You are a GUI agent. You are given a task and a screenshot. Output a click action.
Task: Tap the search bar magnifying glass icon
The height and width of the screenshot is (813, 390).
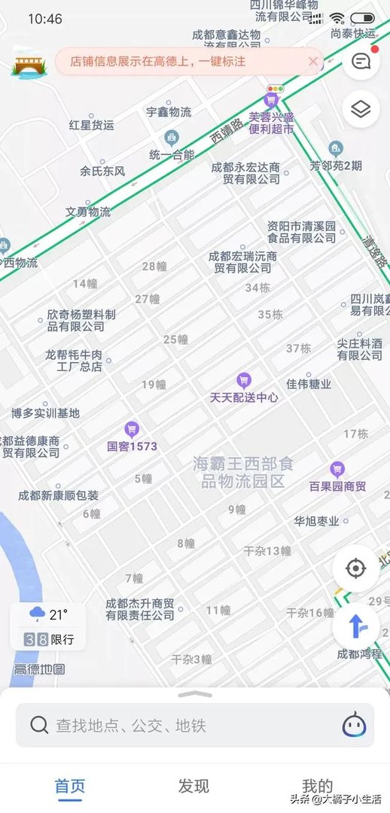click(x=39, y=725)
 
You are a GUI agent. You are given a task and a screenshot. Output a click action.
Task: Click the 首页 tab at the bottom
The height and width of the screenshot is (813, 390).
click(x=70, y=786)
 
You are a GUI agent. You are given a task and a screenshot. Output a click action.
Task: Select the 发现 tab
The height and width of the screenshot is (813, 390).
click(x=193, y=786)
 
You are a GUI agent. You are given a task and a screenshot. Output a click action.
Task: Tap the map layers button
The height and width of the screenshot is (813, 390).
click(x=361, y=110)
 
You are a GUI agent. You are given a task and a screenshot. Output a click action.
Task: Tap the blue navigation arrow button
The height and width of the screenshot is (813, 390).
click(x=355, y=626)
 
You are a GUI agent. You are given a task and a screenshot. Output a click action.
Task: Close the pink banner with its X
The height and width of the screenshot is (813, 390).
click(x=313, y=62)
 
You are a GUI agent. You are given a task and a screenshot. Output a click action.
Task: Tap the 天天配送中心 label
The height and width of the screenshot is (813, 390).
click(x=243, y=397)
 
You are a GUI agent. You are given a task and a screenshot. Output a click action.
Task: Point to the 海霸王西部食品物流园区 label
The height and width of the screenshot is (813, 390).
click(x=239, y=472)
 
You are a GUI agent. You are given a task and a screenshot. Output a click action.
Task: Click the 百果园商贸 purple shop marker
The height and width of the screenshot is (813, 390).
click(x=337, y=470)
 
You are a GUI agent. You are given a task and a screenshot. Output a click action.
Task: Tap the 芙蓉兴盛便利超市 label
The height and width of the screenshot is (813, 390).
click(x=271, y=123)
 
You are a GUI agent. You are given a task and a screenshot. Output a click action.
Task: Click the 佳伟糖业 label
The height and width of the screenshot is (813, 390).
click(x=309, y=384)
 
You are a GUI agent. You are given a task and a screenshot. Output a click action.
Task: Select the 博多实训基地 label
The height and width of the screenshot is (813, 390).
click(x=45, y=413)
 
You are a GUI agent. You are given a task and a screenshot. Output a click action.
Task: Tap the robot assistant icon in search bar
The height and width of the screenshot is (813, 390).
click(x=354, y=725)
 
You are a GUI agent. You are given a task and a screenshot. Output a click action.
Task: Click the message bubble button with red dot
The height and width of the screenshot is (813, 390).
click(x=361, y=62)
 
